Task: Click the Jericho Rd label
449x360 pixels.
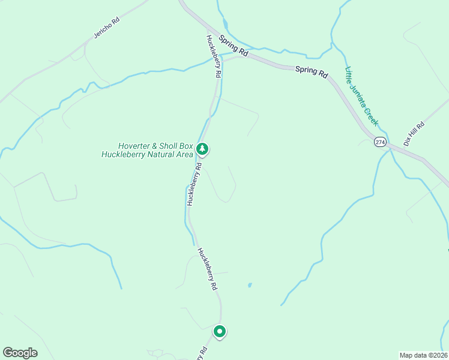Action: (x=106, y=28)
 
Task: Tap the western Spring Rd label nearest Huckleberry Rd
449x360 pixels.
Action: (x=234, y=47)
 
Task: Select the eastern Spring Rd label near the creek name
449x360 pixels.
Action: (x=312, y=72)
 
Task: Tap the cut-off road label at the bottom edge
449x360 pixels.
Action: (x=202, y=353)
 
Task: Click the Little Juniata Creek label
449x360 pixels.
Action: (x=361, y=96)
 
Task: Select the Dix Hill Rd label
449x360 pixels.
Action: (x=414, y=133)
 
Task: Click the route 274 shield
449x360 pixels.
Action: (x=379, y=142)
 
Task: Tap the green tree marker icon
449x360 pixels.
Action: (x=203, y=148)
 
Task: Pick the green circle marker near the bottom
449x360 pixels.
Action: (x=220, y=331)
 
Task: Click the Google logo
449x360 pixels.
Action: (x=20, y=352)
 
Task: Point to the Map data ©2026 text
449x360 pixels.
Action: (x=423, y=355)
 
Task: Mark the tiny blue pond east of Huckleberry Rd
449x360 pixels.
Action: (x=249, y=285)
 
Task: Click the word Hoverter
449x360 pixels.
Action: (x=134, y=145)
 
